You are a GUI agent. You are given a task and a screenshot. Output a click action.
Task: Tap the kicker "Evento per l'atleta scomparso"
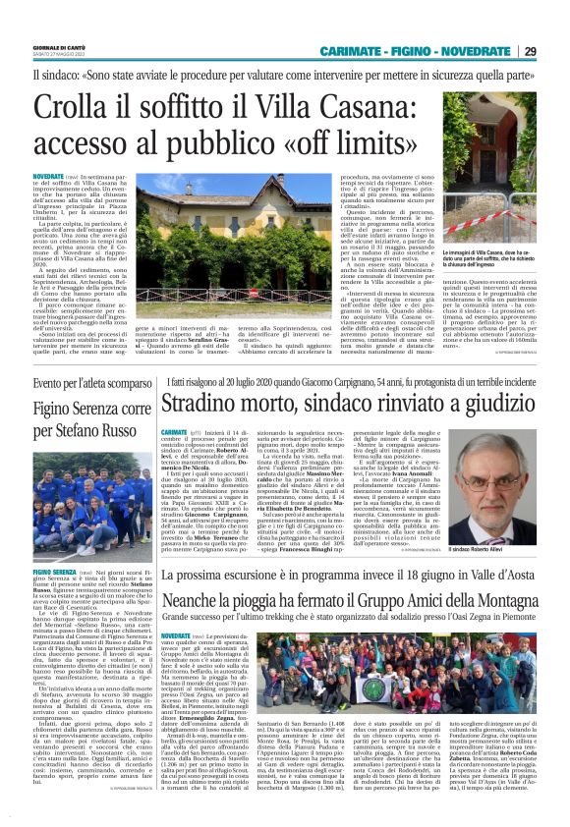pos(86,383)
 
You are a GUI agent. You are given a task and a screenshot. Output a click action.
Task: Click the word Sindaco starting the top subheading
pos(52,73)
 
